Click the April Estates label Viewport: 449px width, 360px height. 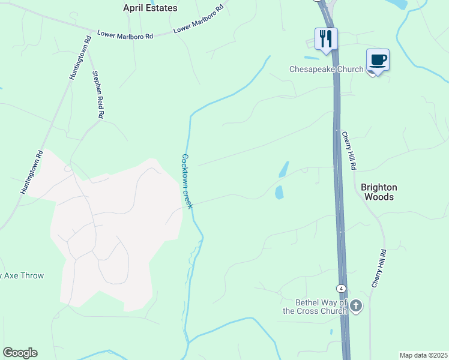pos(150,8)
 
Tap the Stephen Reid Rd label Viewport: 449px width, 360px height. pos(98,94)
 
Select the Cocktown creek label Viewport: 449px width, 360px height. pos(187,181)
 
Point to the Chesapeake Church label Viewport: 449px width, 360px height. pos(326,69)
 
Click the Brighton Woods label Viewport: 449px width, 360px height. pos(378,192)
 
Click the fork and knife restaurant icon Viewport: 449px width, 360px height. pos(326,39)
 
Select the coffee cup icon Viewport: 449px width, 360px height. pos(378,60)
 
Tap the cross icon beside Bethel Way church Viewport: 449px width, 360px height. pos(356,307)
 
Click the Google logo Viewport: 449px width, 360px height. pos(20,352)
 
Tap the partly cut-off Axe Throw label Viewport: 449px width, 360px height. pos(22,276)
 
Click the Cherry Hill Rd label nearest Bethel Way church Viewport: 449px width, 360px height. pos(378,269)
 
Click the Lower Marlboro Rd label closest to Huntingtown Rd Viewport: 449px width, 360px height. pos(125,35)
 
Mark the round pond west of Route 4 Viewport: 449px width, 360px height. pos(279,193)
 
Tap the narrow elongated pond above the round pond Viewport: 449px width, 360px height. pos(284,169)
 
